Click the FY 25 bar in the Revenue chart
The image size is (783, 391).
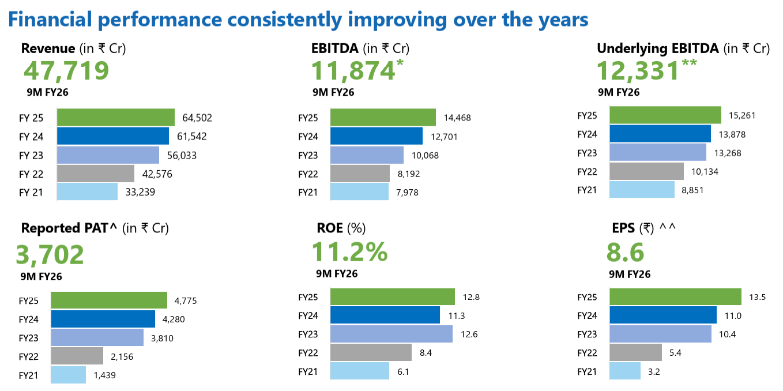(116, 117)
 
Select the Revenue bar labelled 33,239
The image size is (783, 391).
(88, 191)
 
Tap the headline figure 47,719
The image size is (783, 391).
(66, 71)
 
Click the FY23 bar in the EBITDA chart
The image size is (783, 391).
(367, 155)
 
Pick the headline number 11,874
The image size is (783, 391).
(353, 71)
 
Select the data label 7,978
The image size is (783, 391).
(406, 192)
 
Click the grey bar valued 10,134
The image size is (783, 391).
(646, 171)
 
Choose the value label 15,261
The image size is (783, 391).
(742, 115)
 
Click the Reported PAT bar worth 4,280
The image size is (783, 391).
(103, 319)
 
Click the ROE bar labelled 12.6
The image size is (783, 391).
(391, 334)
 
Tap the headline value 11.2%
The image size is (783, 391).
(349, 252)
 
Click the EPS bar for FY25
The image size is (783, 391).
(675, 297)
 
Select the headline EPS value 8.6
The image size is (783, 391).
(625, 253)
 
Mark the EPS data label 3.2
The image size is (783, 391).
(653, 371)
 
